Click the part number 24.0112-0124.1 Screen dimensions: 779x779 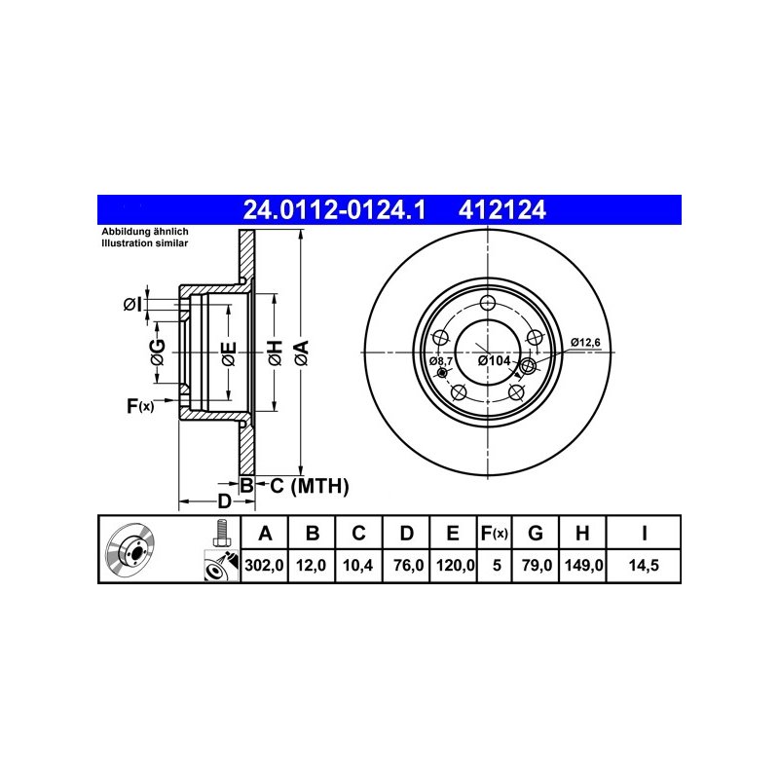click(334, 210)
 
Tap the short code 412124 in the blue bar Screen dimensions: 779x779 click(501, 210)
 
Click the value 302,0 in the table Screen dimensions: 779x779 click(264, 565)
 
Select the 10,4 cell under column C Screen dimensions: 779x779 click(358, 565)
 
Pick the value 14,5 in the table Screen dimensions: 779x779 click(644, 565)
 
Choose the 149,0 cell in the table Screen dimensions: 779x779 click(583, 565)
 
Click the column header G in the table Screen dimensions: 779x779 click(535, 533)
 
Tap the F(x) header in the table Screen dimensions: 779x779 click(494, 533)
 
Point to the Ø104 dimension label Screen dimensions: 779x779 click(494, 360)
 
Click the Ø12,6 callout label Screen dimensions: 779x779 click(585, 343)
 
